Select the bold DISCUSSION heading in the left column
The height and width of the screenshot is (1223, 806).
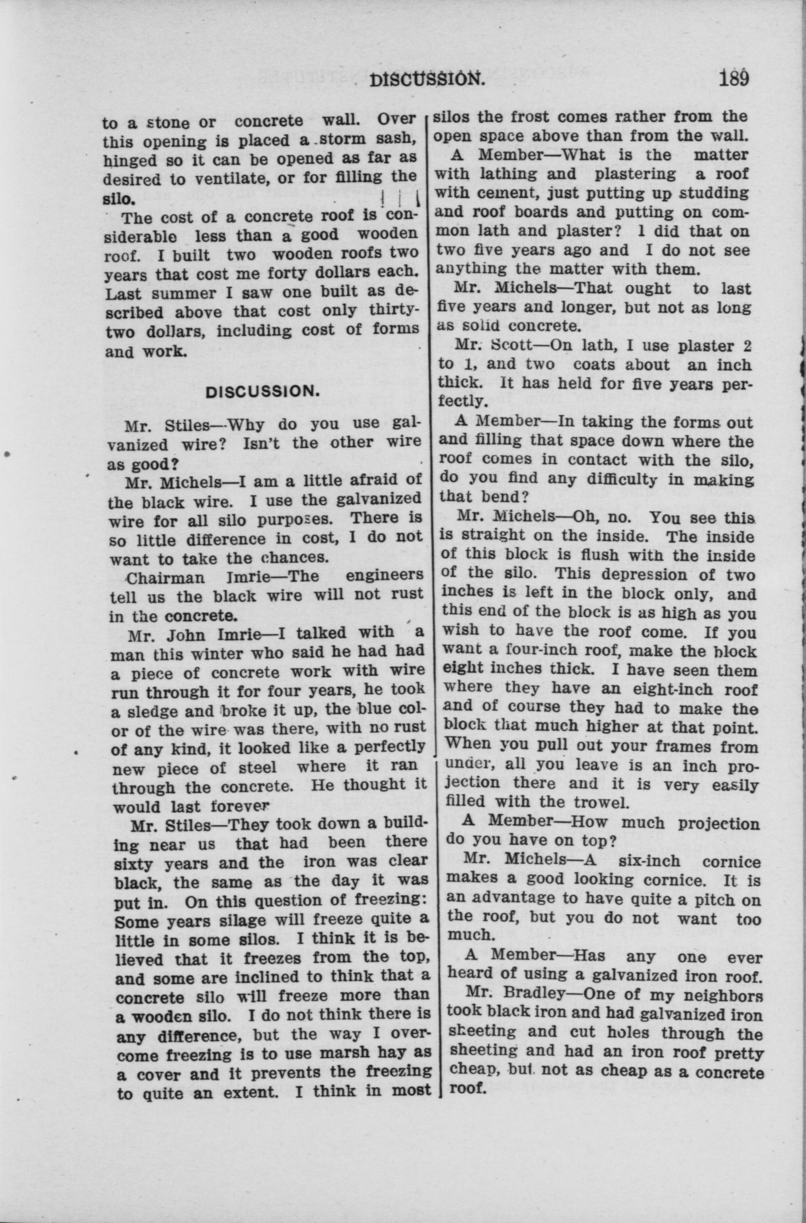point(263,391)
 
